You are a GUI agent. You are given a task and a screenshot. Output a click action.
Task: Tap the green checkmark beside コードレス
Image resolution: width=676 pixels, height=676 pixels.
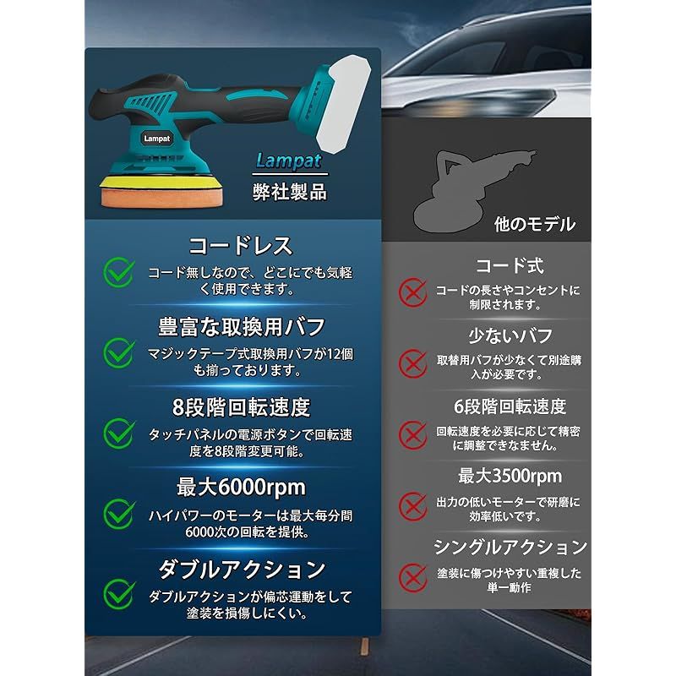click(119, 271)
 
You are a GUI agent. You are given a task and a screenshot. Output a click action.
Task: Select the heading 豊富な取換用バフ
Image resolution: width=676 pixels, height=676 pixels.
click(242, 326)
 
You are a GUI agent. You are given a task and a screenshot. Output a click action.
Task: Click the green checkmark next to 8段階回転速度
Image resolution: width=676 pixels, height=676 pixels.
click(119, 433)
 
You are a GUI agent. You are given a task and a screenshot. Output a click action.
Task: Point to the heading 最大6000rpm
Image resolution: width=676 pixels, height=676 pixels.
click(240, 487)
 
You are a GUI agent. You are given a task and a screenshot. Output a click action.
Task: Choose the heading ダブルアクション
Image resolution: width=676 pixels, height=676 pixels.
click(241, 568)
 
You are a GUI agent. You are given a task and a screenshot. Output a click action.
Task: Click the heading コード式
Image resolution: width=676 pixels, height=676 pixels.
click(510, 267)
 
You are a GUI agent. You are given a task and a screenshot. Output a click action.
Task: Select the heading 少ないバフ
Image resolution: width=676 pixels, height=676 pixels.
click(510, 335)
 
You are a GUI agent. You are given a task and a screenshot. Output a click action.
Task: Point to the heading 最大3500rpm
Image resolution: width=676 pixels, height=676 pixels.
click(510, 476)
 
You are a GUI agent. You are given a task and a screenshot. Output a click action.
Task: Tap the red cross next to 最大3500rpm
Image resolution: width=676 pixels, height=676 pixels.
click(413, 505)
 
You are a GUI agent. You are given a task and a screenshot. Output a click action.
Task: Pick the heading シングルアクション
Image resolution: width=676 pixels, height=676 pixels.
click(510, 547)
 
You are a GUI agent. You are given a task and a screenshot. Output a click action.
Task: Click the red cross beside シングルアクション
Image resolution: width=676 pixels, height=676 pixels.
click(413, 578)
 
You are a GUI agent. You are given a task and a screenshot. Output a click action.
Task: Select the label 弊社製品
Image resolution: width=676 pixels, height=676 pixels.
click(290, 191)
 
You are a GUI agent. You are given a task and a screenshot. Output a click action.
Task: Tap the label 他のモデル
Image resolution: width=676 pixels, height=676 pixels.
click(534, 224)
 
